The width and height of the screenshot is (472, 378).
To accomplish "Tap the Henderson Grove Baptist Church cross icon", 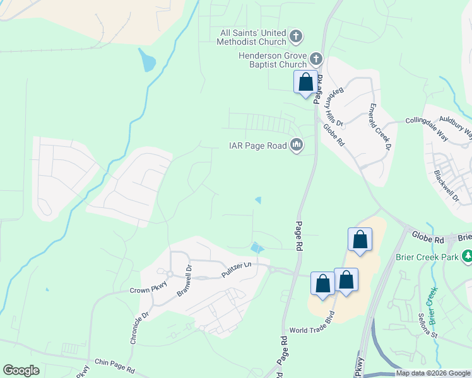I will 316,60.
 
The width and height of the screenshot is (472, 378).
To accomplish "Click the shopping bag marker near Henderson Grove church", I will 305,83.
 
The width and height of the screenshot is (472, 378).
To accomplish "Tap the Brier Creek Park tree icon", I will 468,256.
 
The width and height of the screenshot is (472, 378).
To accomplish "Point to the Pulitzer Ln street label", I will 237,270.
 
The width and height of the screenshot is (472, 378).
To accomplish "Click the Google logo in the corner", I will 21,370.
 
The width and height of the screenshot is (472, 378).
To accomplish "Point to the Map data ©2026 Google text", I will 432,373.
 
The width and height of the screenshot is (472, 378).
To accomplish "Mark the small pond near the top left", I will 147,61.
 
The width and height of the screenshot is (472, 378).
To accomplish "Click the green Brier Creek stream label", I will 432,305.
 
